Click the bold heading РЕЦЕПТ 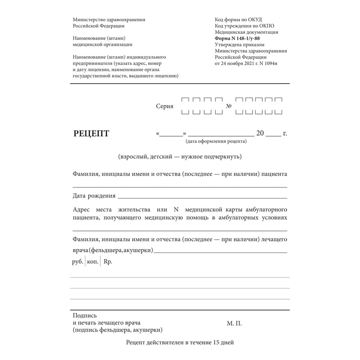91,133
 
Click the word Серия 164,107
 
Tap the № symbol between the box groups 229,107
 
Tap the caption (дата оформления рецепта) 216,141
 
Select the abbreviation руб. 77,262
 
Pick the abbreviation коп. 92,262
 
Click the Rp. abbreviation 108,262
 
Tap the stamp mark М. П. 234,323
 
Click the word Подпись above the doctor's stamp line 84,316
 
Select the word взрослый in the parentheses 131,157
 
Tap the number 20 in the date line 260,133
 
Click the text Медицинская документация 247,32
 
